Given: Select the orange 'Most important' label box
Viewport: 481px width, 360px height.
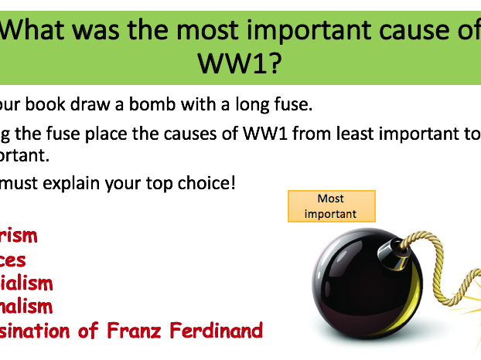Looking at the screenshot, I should click(331, 206).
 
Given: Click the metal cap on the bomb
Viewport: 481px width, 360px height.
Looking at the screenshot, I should click(394, 250).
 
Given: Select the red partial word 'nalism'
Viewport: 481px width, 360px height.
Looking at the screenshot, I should click(27, 307).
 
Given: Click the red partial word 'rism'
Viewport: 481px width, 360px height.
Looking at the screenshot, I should click(19, 236).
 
